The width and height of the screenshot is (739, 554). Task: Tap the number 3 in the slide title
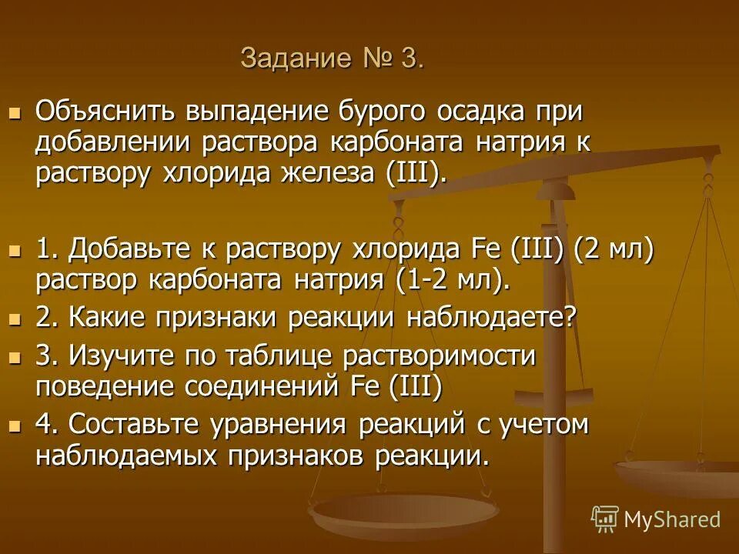[409, 59]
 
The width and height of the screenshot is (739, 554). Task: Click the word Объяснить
[105, 112]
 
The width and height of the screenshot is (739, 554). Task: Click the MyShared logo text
[671, 519]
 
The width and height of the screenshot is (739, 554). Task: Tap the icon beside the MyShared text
[605, 519]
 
